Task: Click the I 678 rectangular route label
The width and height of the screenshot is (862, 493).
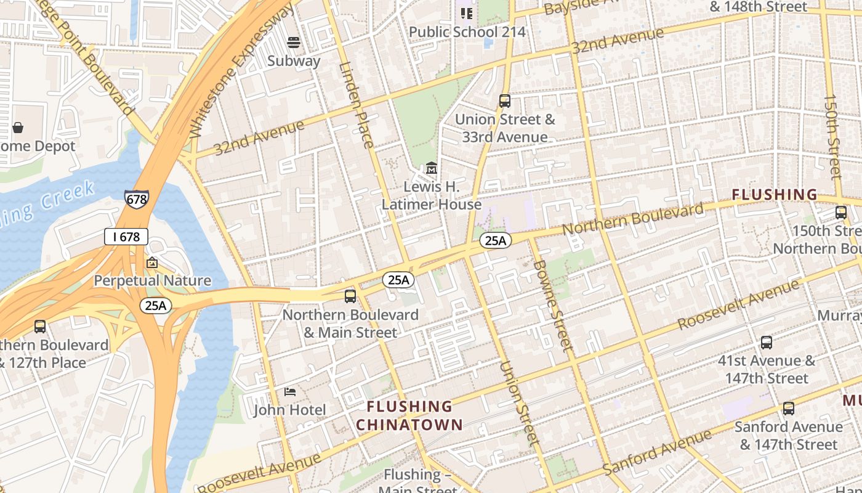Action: [x=126, y=237]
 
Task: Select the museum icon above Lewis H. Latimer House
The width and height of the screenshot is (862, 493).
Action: [x=432, y=168]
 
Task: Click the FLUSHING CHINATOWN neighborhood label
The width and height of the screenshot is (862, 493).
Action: [x=409, y=415]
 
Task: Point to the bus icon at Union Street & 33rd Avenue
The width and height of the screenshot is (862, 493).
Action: [x=505, y=101]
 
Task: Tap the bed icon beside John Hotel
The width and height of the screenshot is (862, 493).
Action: [x=290, y=392]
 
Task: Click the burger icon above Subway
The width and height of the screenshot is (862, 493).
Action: [x=294, y=43]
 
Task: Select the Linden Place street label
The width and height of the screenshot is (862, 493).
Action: [x=356, y=105]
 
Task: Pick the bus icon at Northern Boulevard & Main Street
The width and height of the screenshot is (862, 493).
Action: [x=350, y=296]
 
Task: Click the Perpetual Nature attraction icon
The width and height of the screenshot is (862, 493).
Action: [x=152, y=263]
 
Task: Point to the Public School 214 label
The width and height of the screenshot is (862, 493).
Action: [x=467, y=31]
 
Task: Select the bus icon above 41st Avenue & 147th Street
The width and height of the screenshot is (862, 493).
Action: [x=767, y=343]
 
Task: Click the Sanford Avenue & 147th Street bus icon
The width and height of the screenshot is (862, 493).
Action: [x=789, y=409]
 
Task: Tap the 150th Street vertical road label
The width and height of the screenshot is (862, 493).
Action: [x=832, y=137]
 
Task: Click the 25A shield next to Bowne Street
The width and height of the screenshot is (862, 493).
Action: [x=496, y=241]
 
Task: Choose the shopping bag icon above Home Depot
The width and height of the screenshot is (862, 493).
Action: [x=18, y=128]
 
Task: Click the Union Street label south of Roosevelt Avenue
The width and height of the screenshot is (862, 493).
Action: [x=519, y=403]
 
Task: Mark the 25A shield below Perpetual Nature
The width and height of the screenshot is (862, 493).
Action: [x=156, y=306]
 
